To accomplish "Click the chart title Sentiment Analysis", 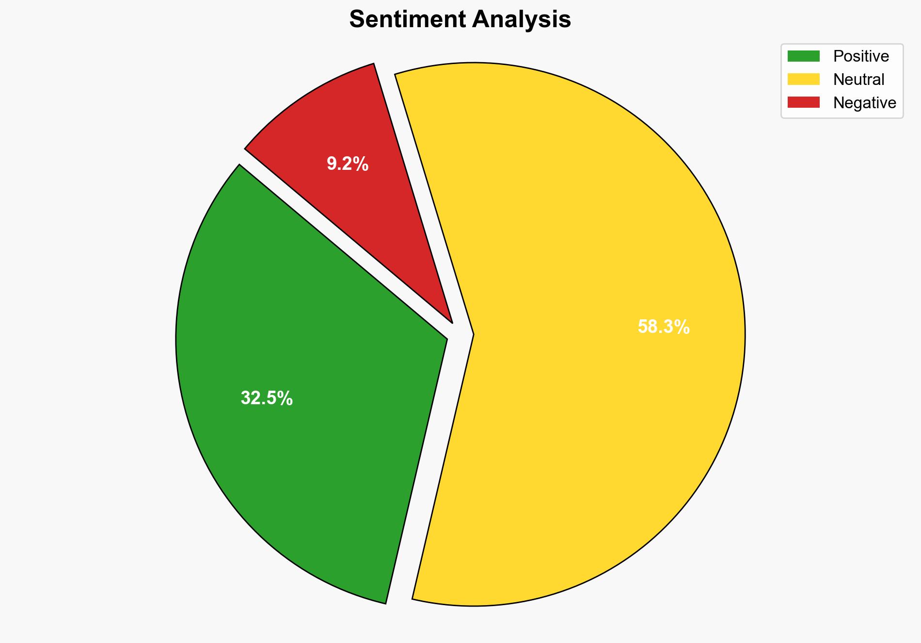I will pyautogui.click(x=460, y=20).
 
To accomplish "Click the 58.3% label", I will pyautogui.click(x=663, y=327).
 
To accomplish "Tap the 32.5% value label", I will pyautogui.click(x=267, y=398).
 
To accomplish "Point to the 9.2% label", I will pyautogui.click(x=348, y=165).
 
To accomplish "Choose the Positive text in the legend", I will pyautogui.click(x=861, y=56).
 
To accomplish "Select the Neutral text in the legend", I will pyautogui.click(x=858, y=80).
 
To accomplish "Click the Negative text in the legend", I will pyautogui.click(x=864, y=103).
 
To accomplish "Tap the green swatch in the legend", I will pyautogui.click(x=803, y=56).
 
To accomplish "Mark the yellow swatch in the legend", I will pyautogui.click(x=803, y=79).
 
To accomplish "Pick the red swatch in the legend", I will pyautogui.click(x=803, y=102).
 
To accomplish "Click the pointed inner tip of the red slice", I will pyautogui.click(x=451, y=321).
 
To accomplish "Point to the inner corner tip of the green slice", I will pyautogui.click(x=446, y=338).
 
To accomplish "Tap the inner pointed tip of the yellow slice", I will pyautogui.click(x=473, y=334).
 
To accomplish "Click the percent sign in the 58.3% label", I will pyautogui.click(x=683, y=327).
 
